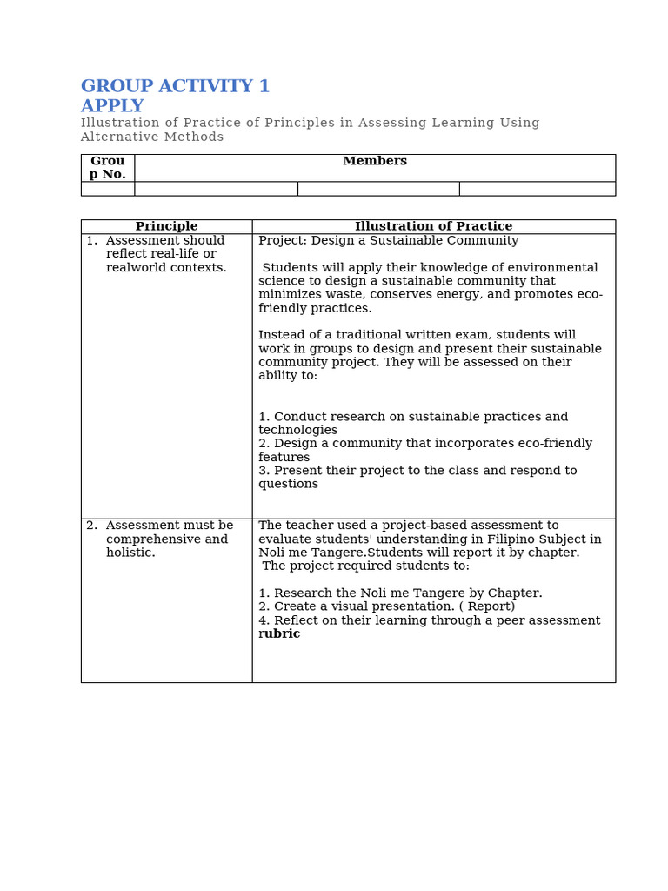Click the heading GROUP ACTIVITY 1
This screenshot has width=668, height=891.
tap(175, 86)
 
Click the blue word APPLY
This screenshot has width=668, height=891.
tap(112, 106)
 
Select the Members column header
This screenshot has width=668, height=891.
tap(374, 161)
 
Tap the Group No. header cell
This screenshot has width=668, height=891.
tap(107, 167)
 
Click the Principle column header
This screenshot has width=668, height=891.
tap(166, 226)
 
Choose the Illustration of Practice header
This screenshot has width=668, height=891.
tap(433, 226)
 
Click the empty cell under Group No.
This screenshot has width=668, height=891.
tap(107, 189)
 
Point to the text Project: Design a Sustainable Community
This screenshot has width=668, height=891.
tap(388, 240)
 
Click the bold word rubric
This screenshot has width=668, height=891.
tap(280, 633)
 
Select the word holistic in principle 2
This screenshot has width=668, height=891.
tap(130, 553)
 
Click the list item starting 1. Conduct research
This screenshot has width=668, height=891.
tap(413, 417)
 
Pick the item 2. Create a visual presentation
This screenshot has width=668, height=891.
tap(386, 606)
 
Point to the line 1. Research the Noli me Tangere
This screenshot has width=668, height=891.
tap(400, 593)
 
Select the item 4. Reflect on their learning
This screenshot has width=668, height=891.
tap(429, 620)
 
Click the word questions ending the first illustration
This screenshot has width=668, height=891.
tap(288, 484)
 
